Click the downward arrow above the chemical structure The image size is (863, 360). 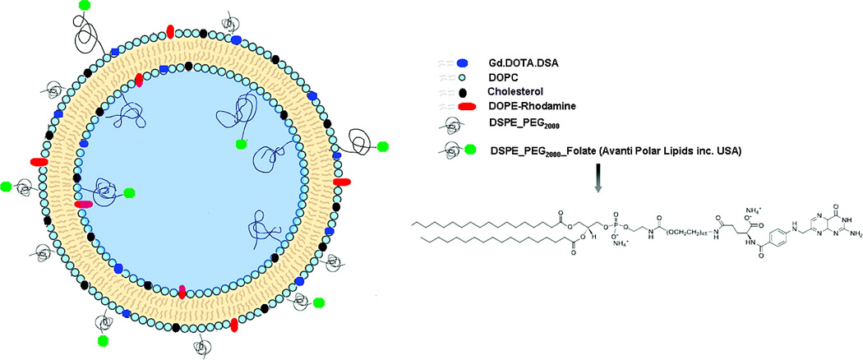(598, 182)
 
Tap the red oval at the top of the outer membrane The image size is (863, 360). (169, 31)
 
